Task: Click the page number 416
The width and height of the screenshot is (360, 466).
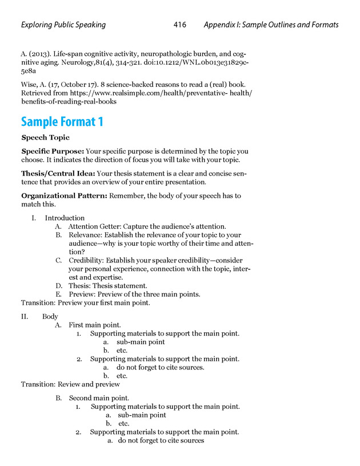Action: tap(180, 25)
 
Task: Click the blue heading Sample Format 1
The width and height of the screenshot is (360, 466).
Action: tap(62, 122)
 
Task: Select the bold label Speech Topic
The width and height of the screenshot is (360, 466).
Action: tap(45, 138)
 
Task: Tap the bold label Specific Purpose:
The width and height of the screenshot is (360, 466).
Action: tap(52, 152)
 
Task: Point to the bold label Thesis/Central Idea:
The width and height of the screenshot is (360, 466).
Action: tap(58, 173)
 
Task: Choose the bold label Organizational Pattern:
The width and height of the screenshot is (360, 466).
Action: tap(63, 196)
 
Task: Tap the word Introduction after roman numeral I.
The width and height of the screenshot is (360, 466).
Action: tap(65, 218)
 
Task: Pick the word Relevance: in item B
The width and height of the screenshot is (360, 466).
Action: tap(85, 235)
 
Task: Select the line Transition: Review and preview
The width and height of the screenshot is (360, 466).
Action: tap(70, 384)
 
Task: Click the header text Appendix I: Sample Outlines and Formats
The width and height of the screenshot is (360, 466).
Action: tap(271, 25)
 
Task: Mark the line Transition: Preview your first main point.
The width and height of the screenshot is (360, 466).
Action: tap(86, 303)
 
